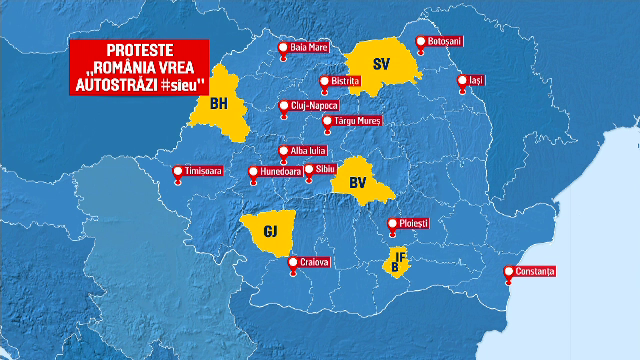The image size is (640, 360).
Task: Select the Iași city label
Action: coord(474,80)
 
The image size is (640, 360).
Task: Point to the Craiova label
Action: coord(315,263)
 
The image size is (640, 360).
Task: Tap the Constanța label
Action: coord(536,271)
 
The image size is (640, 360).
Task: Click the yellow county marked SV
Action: coord(380,65)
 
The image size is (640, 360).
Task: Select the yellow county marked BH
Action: coord(221,104)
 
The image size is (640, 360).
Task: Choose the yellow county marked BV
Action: coord(359,182)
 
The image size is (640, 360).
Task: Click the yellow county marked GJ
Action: coord(269,232)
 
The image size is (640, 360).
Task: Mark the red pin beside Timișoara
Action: coord(177,171)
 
